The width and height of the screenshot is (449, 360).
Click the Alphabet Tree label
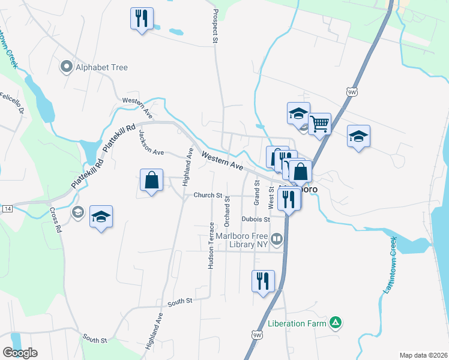click(x=101, y=67)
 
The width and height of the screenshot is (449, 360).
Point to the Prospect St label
click(x=215, y=26)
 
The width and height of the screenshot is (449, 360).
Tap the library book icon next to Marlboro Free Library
click(x=277, y=239)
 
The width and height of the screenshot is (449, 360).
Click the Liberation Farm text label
click(x=298, y=324)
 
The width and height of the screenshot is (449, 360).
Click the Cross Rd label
click(x=55, y=220)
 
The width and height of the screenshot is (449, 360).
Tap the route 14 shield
click(x=7, y=208)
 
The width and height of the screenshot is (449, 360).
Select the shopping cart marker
click(x=320, y=124)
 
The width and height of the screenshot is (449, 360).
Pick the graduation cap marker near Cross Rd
click(x=101, y=217)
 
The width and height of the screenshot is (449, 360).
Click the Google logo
click(x=20, y=353)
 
